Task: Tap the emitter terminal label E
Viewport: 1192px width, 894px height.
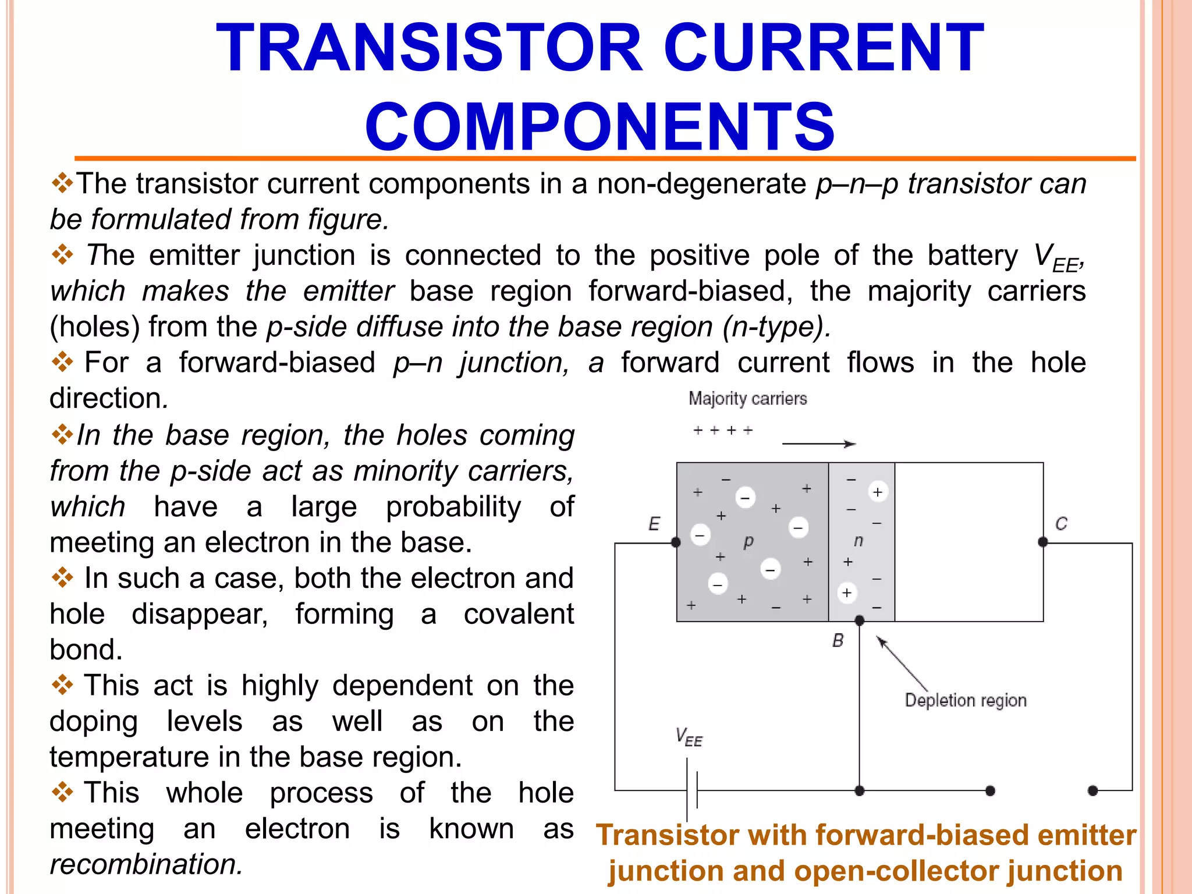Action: click(654, 524)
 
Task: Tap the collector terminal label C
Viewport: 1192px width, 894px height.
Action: click(1061, 524)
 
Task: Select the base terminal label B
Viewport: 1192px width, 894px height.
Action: click(838, 641)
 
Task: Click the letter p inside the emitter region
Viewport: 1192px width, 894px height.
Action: click(748, 541)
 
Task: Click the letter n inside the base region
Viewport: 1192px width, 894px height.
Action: click(858, 541)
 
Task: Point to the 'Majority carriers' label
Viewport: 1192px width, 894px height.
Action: click(747, 399)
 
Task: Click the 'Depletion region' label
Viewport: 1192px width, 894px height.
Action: click(965, 700)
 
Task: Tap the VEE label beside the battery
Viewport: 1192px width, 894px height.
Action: click(689, 737)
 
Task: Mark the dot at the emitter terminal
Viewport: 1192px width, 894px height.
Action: click(676, 542)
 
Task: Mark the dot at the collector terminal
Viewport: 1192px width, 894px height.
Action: click(1042, 542)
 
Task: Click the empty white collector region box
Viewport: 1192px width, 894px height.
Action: click(968, 542)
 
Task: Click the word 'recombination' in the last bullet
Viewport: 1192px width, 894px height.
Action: click(146, 864)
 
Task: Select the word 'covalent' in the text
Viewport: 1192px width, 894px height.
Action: click(519, 614)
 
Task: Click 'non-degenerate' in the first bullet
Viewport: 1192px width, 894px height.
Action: click(701, 184)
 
